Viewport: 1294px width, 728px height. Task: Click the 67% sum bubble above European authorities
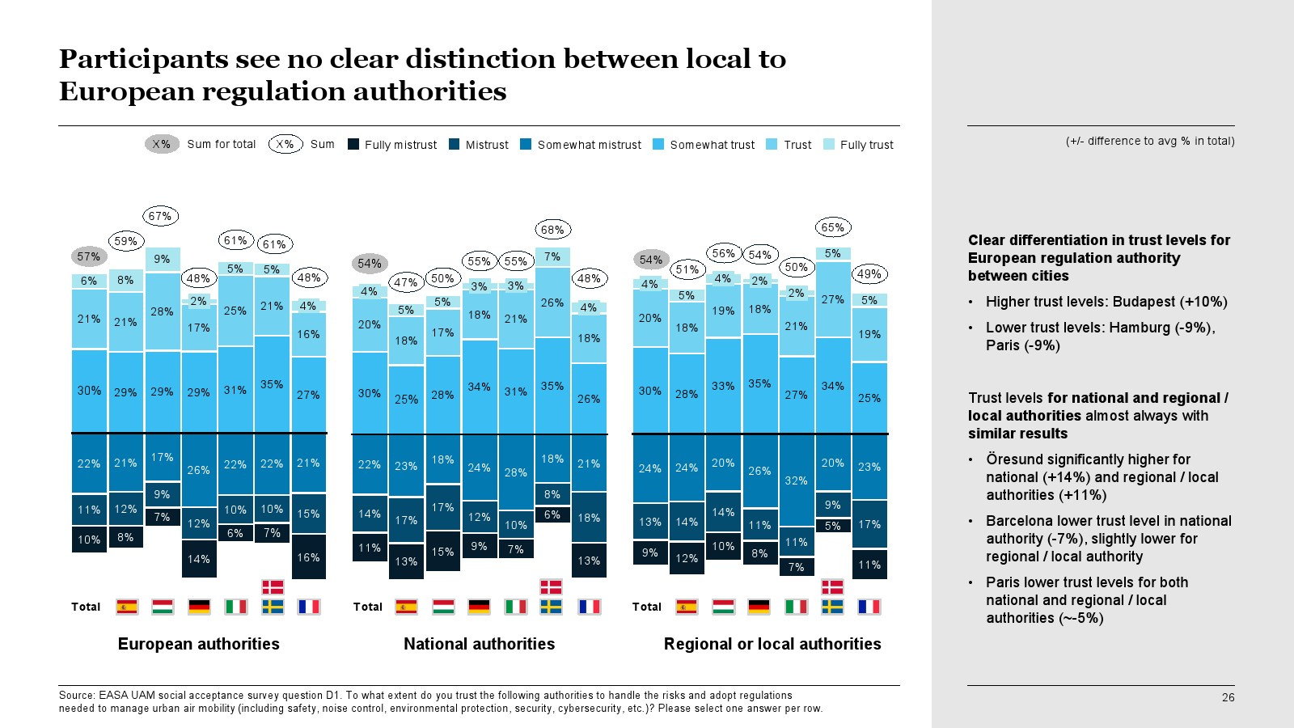160,216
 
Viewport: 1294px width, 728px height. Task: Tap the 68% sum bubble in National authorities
552,230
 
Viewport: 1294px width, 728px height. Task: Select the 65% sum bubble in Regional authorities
832,227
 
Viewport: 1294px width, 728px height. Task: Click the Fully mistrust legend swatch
353,144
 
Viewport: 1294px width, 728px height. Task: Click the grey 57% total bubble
88,256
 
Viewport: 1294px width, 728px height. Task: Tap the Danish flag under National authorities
551,587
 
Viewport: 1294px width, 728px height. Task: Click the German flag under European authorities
199,607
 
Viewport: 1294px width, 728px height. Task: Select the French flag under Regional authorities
869,607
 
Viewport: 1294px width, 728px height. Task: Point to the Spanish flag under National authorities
406,607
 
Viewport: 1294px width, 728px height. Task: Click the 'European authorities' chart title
198,644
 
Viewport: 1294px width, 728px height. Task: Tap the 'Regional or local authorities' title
772,644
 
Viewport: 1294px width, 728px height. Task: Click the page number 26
1228,697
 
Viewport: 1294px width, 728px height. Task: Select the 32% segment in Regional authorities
796,480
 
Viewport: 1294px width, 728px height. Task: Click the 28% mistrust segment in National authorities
515,472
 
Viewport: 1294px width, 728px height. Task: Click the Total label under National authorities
367,607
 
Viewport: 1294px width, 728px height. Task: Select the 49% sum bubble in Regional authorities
869,274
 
